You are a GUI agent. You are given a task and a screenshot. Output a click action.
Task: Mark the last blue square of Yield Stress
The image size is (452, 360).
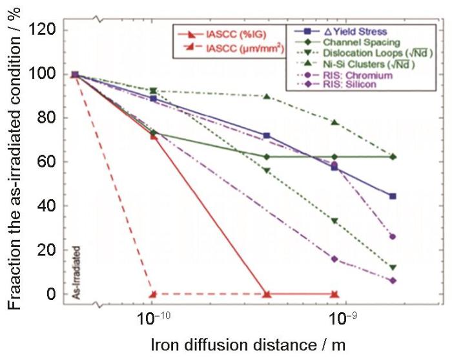[x=393, y=196]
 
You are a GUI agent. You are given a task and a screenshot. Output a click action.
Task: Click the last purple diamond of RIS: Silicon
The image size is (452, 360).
[x=393, y=281]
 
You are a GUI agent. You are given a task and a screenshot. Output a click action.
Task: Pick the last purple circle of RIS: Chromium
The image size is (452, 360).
[x=393, y=237]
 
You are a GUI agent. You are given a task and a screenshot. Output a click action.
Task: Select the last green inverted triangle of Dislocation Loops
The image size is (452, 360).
[x=393, y=268]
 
